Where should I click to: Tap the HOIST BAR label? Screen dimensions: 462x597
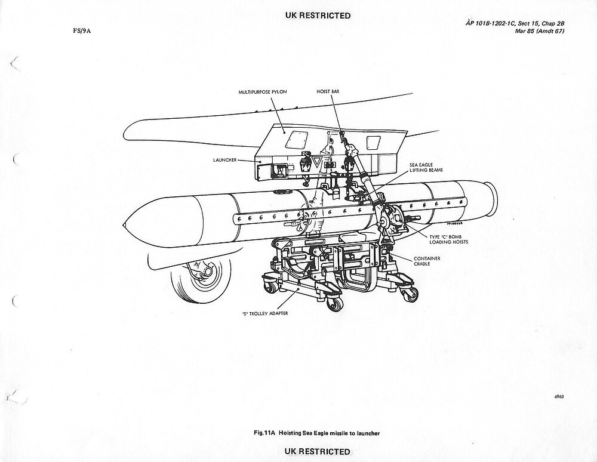328,91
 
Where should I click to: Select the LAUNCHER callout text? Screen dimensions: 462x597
225,161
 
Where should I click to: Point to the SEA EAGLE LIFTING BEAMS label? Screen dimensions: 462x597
425,167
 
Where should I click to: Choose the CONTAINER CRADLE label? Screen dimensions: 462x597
428,262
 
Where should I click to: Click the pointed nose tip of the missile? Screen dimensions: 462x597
124,225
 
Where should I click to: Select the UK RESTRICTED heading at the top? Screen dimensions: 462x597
318,16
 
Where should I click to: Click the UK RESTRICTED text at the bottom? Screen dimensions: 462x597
318,451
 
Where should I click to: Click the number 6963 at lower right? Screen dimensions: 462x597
559,396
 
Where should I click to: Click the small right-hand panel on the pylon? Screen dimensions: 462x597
373,142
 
